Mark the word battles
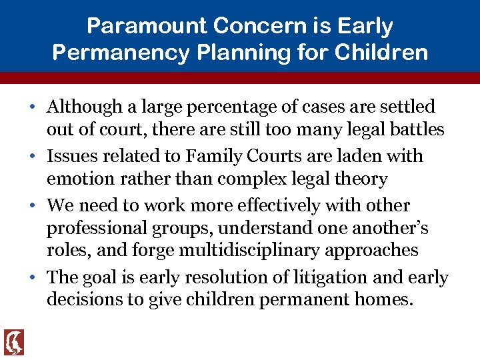tap(411, 129)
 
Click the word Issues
tap(69, 156)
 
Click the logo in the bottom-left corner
tap(14, 342)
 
